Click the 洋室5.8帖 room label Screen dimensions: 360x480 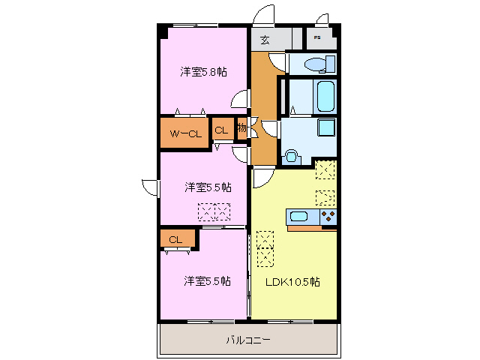coord(203,72)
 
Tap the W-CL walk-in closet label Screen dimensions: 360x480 coord(184,134)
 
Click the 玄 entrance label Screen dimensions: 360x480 coord(265,40)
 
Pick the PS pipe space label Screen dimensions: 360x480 coord(317,37)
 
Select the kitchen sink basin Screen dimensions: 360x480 coord(299,217)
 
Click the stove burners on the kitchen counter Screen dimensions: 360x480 coord(328,217)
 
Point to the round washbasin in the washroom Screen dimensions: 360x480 coord(292,157)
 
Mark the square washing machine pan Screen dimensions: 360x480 coord(325,127)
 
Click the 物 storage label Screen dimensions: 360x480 coord(241,128)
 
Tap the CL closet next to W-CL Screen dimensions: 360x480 coord(220,130)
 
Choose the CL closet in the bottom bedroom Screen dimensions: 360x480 coord(175,240)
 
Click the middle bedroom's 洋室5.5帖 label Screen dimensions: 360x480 coord(208,187)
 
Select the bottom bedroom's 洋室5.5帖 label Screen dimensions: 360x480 coord(208,281)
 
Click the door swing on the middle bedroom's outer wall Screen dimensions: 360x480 coord(148,187)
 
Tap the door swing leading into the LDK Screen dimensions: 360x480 coord(262,178)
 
